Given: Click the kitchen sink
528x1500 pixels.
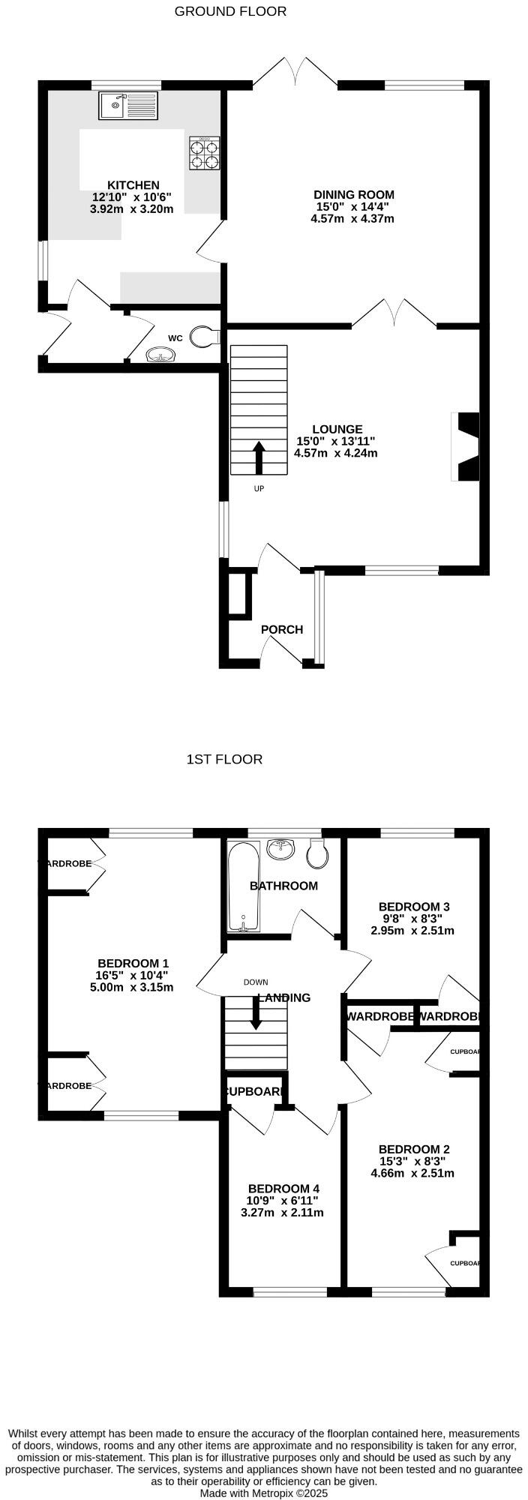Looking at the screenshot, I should point(128,106).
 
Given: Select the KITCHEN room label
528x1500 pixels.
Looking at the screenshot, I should point(133,185).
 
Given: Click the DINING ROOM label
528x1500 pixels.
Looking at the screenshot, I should point(354,195).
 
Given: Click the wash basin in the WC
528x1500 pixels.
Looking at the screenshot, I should point(160,354).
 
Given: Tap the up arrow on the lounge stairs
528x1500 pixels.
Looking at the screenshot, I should point(259,457).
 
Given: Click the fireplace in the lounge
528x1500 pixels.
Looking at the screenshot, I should point(466,446).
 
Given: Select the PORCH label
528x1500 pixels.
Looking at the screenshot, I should point(282,629).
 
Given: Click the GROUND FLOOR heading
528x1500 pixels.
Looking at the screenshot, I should point(230,11).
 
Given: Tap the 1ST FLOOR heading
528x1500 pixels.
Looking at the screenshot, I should point(224,759).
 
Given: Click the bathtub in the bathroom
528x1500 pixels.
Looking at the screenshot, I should point(243,887).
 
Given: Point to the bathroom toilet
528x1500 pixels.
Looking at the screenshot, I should point(319,853).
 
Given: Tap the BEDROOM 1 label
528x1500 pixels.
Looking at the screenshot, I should point(133,964).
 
